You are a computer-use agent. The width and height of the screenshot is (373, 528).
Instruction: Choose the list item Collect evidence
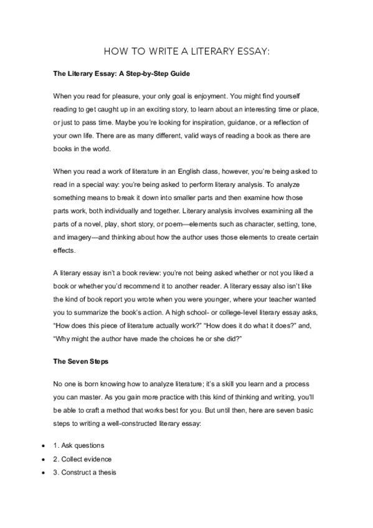click(x=82, y=459)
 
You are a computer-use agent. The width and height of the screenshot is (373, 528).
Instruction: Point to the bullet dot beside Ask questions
click(x=42, y=446)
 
